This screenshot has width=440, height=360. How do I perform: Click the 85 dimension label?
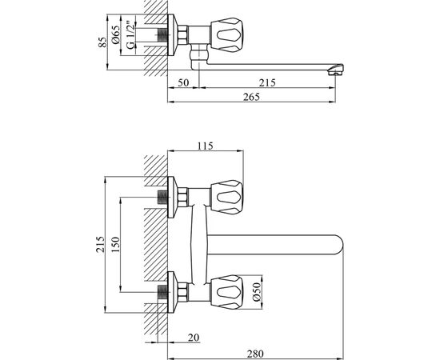pos(103,42)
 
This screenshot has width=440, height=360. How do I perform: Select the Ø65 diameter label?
pos(116,34)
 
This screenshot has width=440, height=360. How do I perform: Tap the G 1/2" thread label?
pos(130,35)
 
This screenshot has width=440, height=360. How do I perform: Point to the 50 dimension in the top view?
pos(183,83)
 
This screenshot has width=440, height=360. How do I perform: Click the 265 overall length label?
pos(251,97)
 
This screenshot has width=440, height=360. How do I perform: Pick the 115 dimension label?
pos(206,146)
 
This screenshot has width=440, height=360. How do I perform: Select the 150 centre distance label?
pos(115,245)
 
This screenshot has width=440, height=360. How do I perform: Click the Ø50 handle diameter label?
pos(257,292)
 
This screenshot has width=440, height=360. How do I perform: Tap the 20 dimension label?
pos(194,338)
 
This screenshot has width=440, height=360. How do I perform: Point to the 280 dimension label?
pos(255,354)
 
